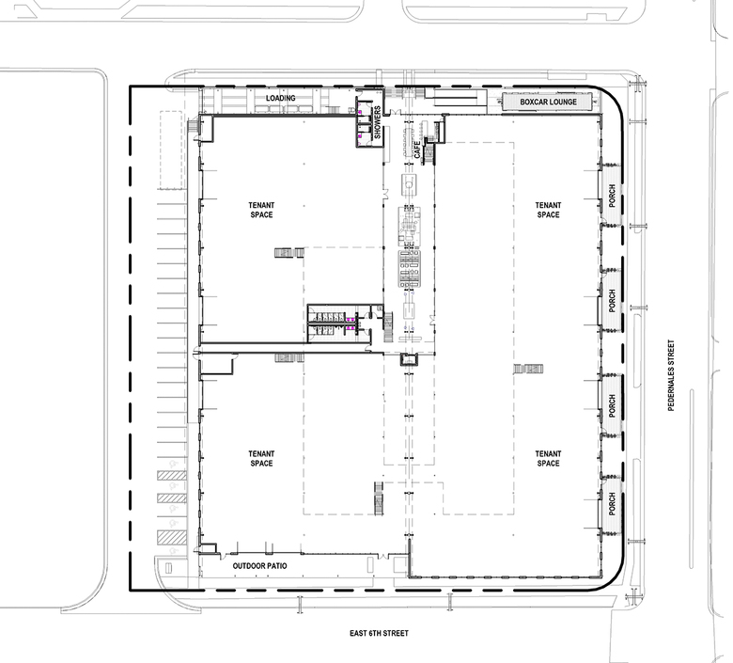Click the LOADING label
[x=280, y=98]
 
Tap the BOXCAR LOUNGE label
[x=548, y=102]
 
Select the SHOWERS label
[x=377, y=122]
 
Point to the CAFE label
[x=417, y=150]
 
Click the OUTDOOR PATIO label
[x=260, y=566]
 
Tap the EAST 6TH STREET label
[x=379, y=633]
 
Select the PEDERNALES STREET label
[x=671, y=375]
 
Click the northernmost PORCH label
[x=612, y=196]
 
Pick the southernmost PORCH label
[x=612, y=504]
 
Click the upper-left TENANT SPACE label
[x=261, y=210]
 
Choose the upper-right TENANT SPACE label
[x=548, y=210]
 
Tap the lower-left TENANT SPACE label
[x=261, y=459]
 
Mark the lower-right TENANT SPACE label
[x=548, y=459]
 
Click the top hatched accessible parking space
[x=172, y=475]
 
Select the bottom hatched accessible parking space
[x=172, y=537]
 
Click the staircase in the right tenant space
[x=528, y=370]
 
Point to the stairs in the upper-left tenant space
[x=289, y=253]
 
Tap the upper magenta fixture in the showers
[x=360, y=112]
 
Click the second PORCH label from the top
[x=612, y=300]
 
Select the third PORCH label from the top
[x=612, y=405]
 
